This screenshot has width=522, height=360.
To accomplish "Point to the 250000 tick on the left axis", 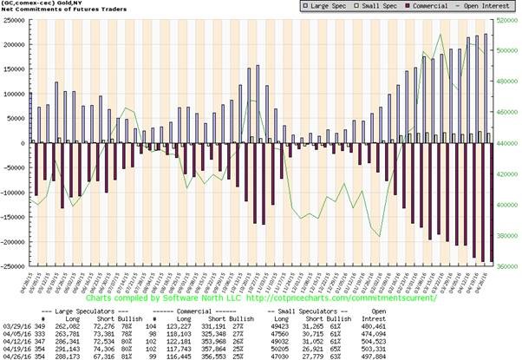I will point(16,19).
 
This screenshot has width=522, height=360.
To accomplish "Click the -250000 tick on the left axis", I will point(14,265).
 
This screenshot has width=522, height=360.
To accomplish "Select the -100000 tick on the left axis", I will point(14,192).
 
